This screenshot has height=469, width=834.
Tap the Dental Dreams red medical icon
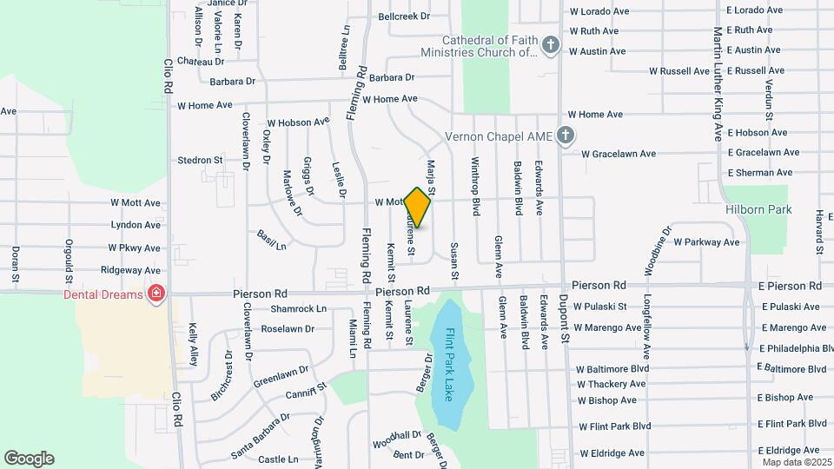point(156,294)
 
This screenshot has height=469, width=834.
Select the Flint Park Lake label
point(449,365)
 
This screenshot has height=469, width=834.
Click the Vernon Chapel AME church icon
point(566,135)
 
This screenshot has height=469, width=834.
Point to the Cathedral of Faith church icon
point(549,46)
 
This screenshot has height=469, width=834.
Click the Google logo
point(29,459)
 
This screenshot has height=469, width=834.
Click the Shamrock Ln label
point(298,308)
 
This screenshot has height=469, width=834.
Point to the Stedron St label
point(200,160)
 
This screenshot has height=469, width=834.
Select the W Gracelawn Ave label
point(618,154)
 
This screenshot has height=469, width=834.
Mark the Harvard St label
point(818,232)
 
